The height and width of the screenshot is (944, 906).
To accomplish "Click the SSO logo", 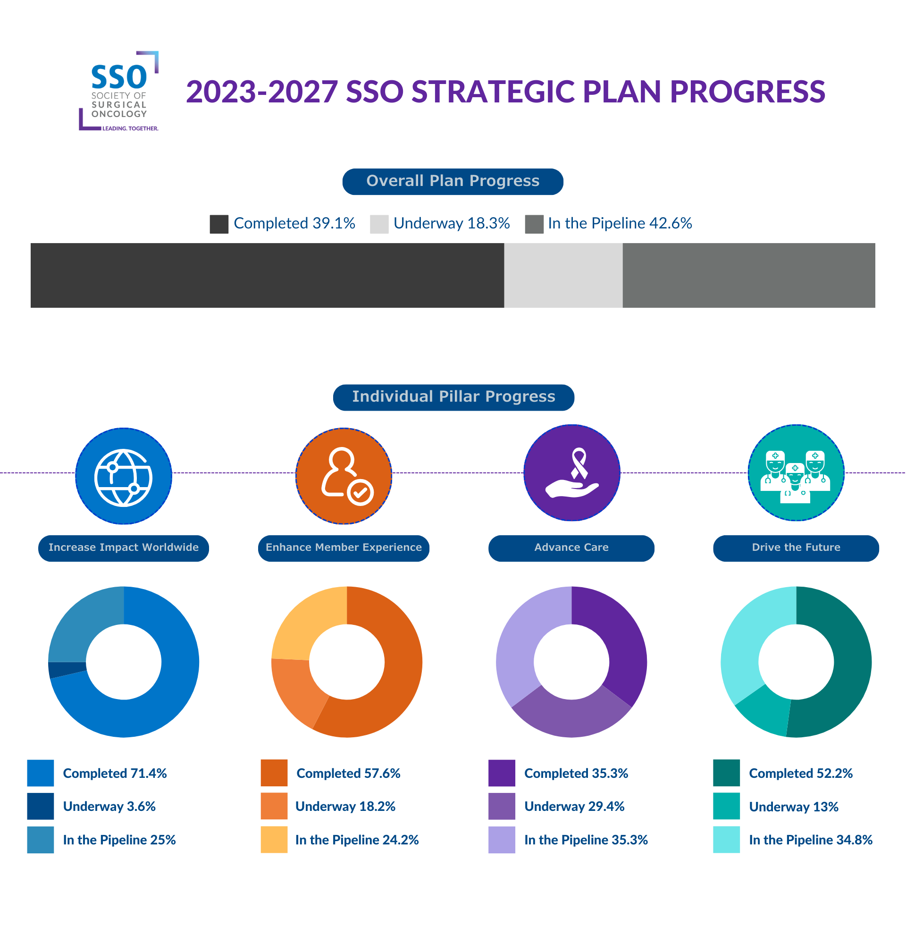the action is coord(119,91).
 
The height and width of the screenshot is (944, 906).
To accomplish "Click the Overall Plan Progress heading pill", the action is coord(453,182).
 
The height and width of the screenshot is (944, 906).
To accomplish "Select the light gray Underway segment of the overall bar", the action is coord(563,275).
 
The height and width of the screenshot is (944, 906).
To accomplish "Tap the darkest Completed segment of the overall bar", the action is coord(267,275).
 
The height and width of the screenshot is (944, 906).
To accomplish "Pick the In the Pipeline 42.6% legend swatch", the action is coord(534,224).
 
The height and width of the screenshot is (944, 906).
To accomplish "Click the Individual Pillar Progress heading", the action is coord(453,397).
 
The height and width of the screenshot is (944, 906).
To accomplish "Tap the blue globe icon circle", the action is coord(124,476).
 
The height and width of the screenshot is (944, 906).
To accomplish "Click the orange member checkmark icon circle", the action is coord(344,476).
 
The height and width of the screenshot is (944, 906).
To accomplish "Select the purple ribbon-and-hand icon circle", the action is coord(572,472).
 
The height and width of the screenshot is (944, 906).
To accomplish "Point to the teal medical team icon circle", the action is coord(796,472).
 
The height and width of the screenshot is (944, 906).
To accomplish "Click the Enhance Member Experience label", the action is coord(344,548).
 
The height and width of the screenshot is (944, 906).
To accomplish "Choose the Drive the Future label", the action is coord(796,548).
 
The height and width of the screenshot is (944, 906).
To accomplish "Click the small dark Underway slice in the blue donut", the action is coord(67,669).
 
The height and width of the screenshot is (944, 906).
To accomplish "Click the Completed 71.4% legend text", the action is coord(115,774).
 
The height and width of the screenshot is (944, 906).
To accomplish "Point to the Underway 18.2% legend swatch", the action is coord(274,806).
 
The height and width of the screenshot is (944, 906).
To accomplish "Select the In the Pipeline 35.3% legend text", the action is coord(586,840).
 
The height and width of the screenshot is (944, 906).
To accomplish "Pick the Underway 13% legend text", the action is coord(794,807).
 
